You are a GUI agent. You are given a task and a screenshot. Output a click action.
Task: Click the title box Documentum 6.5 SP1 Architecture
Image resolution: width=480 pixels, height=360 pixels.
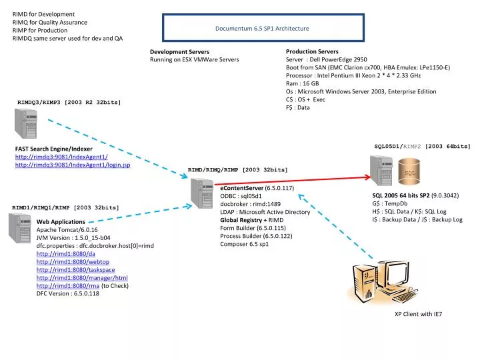[x=262, y=29]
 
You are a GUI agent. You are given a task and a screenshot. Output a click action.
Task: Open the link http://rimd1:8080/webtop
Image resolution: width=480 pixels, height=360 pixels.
[x=62, y=261]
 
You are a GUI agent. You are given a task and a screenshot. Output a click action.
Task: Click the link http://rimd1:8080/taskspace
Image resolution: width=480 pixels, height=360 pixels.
[x=66, y=269]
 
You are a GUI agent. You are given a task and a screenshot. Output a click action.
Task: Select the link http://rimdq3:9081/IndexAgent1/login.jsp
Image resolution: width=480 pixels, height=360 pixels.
[x=73, y=165]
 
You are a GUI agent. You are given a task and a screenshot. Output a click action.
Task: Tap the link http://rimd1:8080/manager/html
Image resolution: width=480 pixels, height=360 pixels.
[x=72, y=277]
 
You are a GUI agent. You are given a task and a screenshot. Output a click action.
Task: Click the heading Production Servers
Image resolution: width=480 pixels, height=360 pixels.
[x=312, y=51]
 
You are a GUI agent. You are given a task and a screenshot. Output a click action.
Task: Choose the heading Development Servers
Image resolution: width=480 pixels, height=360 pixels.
[x=179, y=51]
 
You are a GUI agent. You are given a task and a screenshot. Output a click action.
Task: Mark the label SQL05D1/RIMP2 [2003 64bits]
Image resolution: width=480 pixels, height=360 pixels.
[x=422, y=145]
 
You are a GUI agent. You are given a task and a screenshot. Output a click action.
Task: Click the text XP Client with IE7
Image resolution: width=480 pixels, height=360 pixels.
[x=418, y=313]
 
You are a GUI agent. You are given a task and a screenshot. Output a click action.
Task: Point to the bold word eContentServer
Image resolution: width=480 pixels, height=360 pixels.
[x=241, y=189]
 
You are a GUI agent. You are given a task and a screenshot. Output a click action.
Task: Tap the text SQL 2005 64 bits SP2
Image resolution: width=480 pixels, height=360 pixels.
[x=401, y=195]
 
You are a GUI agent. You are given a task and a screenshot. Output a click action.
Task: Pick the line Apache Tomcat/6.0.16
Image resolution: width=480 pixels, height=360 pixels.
[x=67, y=229]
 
